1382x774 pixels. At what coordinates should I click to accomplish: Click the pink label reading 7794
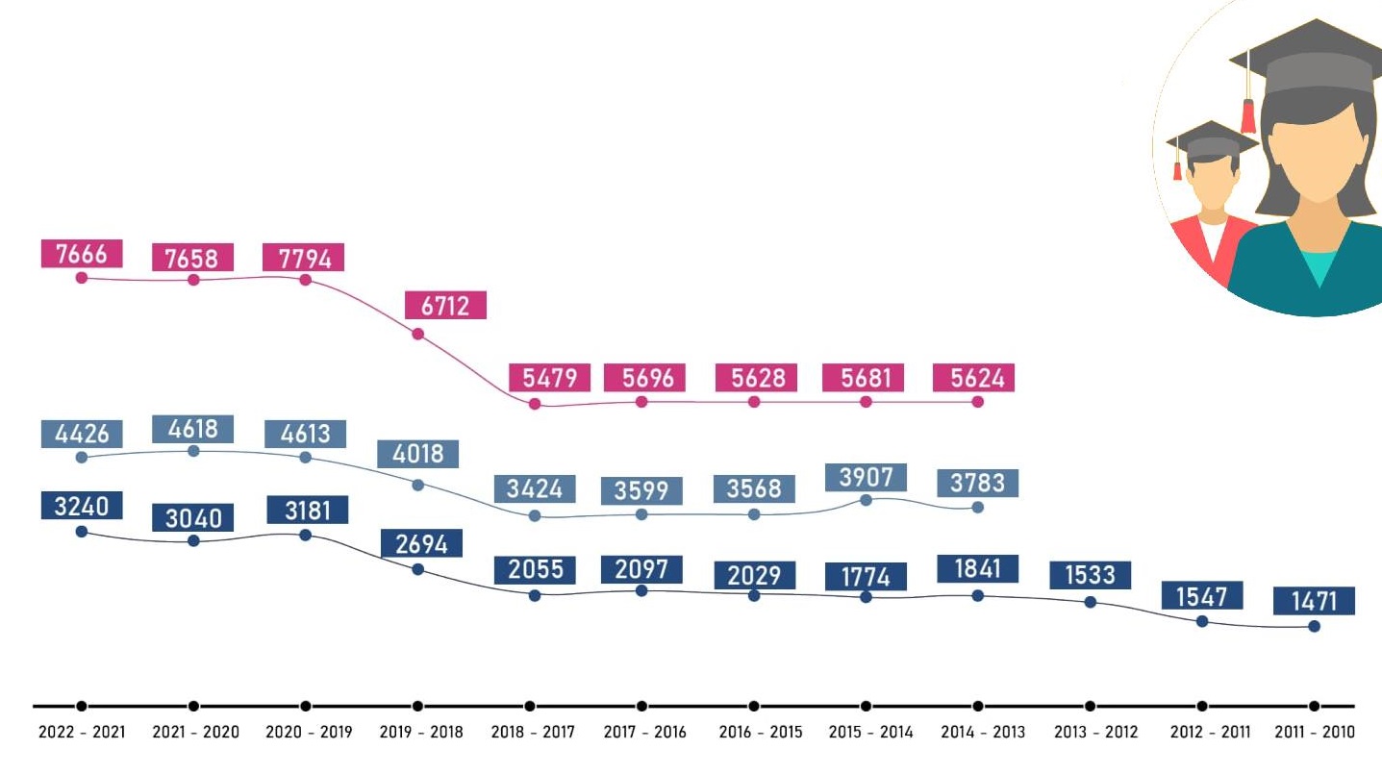click(304, 258)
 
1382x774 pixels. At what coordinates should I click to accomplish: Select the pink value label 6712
click(446, 306)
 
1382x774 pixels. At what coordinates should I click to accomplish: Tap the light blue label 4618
click(193, 429)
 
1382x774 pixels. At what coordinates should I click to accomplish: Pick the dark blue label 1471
click(1314, 601)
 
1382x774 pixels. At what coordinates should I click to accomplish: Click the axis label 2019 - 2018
click(421, 733)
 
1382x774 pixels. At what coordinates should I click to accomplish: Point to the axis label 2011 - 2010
click(1314, 733)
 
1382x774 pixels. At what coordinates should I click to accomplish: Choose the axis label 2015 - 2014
click(870, 733)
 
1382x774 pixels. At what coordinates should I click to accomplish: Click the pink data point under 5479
click(535, 404)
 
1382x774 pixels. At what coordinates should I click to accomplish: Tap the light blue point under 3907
click(866, 500)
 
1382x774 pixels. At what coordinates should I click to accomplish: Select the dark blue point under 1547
click(1202, 621)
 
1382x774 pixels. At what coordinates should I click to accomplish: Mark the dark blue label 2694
click(421, 543)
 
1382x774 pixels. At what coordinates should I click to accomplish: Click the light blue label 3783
click(977, 484)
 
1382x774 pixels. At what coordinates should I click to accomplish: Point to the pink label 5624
click(977, 378)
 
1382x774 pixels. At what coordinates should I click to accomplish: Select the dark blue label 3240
click(82, 506)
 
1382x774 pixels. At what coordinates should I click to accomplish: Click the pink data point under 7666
click(82, 278)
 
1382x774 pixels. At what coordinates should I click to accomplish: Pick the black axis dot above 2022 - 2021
click(82, 707)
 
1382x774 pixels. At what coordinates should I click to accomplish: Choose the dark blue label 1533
click(1090, 575)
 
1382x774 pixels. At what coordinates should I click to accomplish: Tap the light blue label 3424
click(535, 488)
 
